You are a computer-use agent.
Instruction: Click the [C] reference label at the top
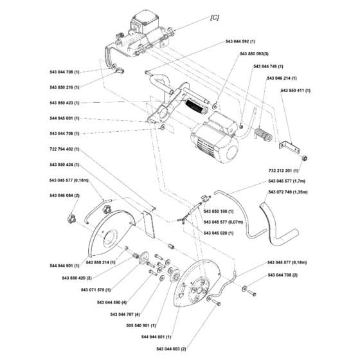click(215, 18)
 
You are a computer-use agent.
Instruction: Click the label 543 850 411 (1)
click(295, 91)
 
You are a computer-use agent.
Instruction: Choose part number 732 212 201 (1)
click(283, 171)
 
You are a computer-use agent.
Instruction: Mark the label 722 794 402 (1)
click(64, 149)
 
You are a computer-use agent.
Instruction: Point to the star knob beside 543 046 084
click(69, 219)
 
